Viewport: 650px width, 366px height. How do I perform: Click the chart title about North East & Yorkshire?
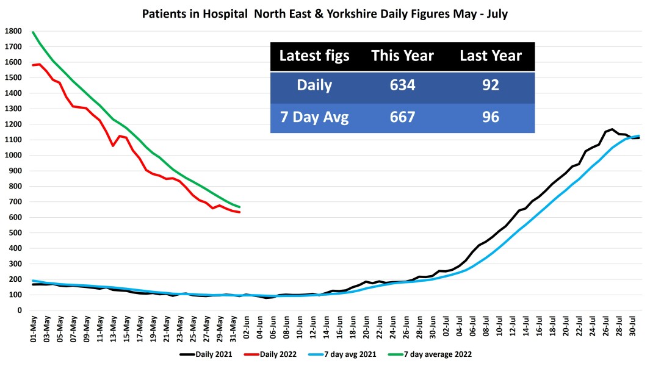[325, 13]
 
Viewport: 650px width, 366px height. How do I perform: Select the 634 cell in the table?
[402, 85]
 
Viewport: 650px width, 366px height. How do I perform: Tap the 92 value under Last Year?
[490, 85]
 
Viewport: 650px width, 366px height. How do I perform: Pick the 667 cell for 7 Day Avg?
[402, 117]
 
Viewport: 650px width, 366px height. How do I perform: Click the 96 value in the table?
[490, 117]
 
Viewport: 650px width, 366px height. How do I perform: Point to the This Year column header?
[402, 56]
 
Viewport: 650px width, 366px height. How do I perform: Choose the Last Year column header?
[490, 56]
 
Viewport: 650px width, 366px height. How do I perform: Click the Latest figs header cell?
[314, 56]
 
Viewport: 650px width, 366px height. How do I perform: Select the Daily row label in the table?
[314, 85]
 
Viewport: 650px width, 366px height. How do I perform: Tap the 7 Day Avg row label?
[314, 117]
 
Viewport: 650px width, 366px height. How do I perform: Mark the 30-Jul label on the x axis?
[633, 329]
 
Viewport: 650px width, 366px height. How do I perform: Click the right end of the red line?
[240, 212]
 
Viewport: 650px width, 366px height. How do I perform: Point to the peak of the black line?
[612, 129]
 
